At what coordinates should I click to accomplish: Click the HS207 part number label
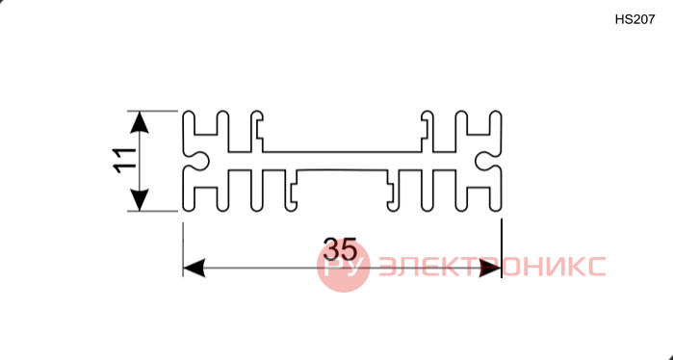pos(634,20)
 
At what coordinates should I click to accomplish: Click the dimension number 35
pos(340,249)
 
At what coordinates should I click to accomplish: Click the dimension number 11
pos(124,161)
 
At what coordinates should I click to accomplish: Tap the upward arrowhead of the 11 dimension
pos(140,122)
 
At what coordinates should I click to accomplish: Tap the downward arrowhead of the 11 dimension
pos(140,200)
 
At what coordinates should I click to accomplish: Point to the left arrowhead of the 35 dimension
pos(194,268)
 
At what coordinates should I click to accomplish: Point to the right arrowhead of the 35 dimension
pos(490,268)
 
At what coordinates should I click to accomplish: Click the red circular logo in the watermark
pos(344,266)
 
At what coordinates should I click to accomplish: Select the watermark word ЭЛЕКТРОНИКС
pos(492,267)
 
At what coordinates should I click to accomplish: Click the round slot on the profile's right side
pos(484,161)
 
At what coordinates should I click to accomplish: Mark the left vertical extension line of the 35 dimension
pos(183,249)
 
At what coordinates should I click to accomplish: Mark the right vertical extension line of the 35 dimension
pos(502,248)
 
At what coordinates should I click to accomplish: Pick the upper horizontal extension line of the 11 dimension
pos(152,111)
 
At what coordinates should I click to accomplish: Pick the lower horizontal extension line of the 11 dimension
pos(152,211)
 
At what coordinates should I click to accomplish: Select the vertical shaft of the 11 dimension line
pos(140,161)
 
